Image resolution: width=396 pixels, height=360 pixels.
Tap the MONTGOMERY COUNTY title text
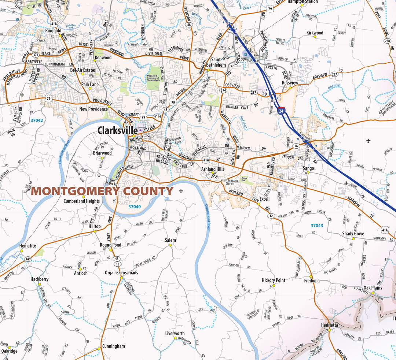coord(102,191)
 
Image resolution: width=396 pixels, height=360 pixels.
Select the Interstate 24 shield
coord(281,111)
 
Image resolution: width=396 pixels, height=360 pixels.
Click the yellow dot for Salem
coord(170,245)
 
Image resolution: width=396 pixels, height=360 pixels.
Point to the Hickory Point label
coord(273,280)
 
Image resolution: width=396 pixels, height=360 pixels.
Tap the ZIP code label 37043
coord(316,226)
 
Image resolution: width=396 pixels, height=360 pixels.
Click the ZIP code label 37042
coord(37,120)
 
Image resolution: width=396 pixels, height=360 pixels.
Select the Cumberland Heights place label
coord(81,201)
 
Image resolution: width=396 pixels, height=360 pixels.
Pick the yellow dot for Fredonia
coord(311,277)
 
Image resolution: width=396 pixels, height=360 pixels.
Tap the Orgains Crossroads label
coord(121,272)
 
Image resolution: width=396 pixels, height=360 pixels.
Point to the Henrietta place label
coord(329,325)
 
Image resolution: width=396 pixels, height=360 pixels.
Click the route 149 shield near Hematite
coord(28,259)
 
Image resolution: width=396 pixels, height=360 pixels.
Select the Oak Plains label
coord(373,288)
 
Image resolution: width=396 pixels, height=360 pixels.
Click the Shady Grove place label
coord(353,234)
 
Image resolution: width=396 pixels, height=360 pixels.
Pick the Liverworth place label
coord(175,333)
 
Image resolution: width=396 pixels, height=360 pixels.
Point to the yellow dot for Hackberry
coord(39,284)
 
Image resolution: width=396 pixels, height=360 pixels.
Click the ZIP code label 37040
coord(135,207)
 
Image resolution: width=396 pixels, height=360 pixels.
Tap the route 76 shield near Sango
coord(296,146)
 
